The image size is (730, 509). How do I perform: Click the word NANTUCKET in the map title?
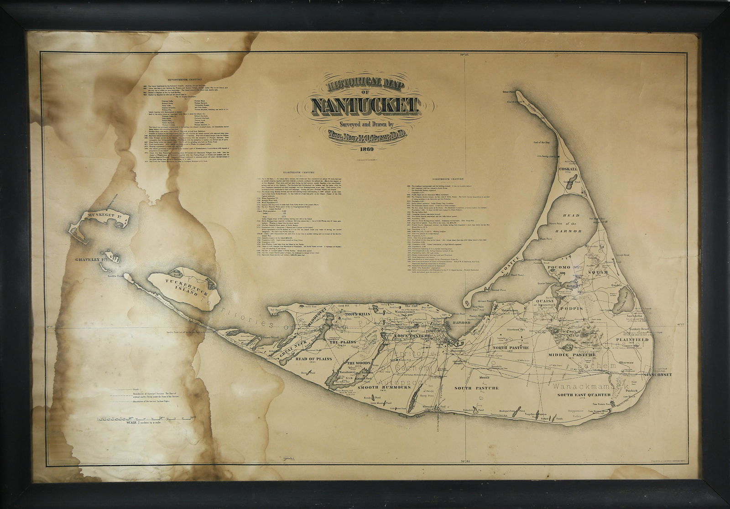(x=365, y=106)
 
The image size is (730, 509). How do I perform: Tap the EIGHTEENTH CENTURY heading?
(x=298, y=172)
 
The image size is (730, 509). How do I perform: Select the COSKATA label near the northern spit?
(x=568, y=169)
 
